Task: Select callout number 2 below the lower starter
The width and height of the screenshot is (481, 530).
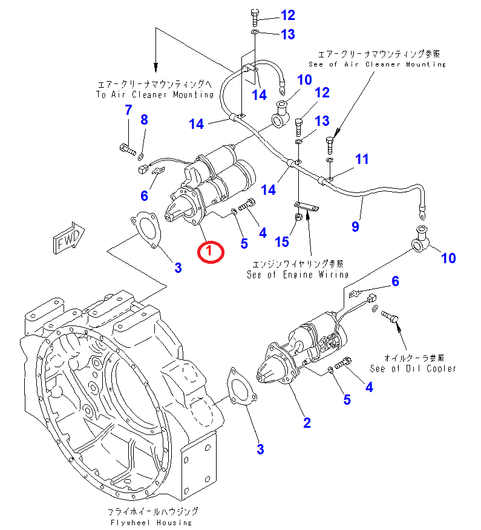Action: point(307,422)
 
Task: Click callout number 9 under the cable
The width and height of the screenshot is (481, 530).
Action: point(355,226)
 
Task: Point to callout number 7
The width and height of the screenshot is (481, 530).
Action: point(128,110)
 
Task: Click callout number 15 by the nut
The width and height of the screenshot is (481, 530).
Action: point(282,242)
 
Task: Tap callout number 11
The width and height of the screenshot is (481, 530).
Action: point(361,159)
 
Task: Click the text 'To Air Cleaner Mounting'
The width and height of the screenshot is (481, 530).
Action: point(155,94)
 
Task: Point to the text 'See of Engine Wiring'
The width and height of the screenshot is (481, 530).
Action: point(298,274)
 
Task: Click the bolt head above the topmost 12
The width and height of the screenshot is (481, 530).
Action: point(254,13)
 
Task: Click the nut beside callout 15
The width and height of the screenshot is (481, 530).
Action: point(298,218)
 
